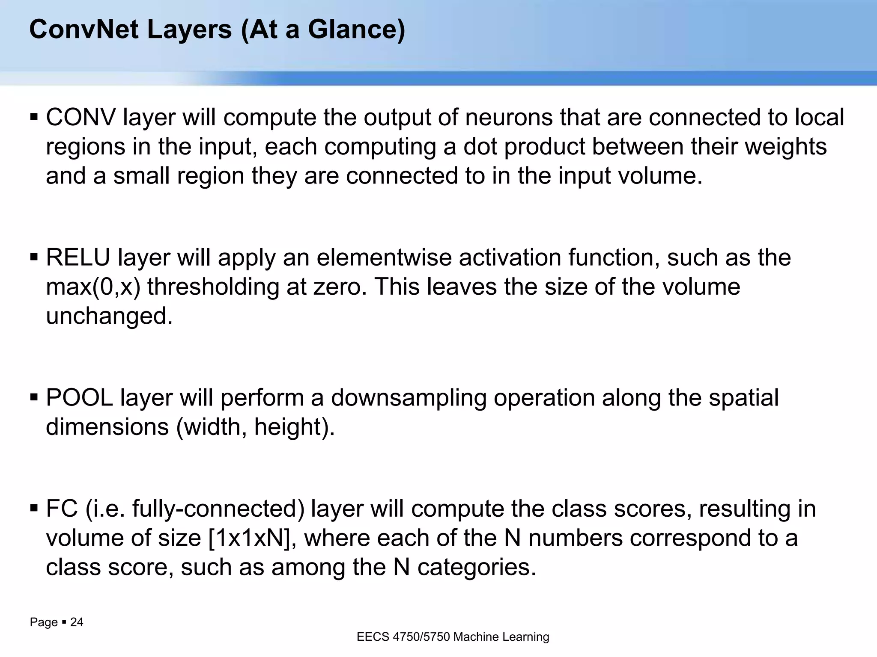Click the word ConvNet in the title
click(84, 30)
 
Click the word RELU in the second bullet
click(78, 257)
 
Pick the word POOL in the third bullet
click(79, 398)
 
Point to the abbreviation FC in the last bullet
click(62, 509)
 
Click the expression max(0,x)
click(93, 287)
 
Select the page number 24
click(77, 622)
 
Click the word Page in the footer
click(44, 622)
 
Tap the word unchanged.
click(109, 317)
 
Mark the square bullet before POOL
click(34, 398)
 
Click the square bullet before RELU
click(34, 257)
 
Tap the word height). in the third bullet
click(295, 427)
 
